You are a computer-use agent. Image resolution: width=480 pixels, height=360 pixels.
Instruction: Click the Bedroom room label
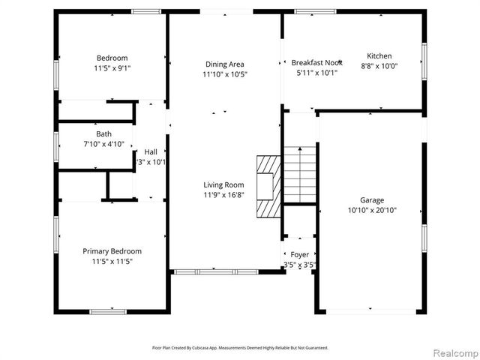pos(112,58)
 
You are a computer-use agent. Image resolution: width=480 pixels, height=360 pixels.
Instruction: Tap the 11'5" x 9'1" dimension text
pos(112,68)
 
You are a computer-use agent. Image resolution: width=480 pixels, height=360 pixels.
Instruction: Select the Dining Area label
pos(224,64)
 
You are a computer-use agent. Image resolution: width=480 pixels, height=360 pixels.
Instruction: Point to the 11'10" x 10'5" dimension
pos(224,74)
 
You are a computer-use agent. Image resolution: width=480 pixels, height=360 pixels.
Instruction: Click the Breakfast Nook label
pos(316,62)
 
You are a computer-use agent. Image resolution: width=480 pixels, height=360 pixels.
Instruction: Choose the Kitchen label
pos(379,56)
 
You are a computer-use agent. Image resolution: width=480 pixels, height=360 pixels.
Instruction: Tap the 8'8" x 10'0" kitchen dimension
pos(379,66)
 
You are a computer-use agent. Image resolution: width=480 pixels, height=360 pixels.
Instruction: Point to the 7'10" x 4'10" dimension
pos(103,144)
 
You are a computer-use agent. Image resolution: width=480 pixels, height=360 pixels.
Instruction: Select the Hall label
pos(151,151)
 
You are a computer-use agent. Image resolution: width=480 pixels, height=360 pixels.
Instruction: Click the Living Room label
pos(224,184)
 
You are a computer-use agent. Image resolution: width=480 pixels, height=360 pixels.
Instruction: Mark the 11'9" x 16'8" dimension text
pos(224,194)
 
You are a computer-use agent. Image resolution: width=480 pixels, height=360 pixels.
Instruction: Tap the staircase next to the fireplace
pos(299,174)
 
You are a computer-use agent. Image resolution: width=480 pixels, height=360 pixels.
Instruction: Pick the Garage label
pos(372,200)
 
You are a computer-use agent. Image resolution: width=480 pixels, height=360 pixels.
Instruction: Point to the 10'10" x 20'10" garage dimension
pos(372,210)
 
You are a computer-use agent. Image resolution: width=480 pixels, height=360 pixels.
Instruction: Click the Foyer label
pos(300,255)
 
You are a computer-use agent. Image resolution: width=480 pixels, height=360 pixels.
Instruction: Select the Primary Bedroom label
pos(112,251)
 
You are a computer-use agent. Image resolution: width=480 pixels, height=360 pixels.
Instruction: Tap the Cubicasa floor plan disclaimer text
pos(240,347)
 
